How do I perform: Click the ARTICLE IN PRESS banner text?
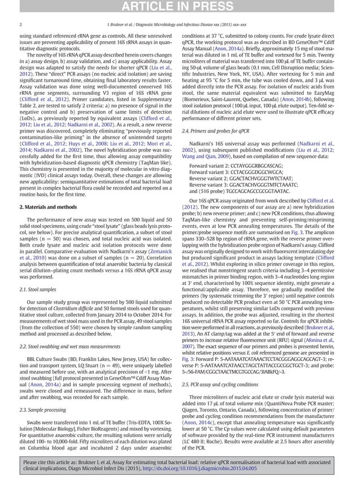click(180, 7)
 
